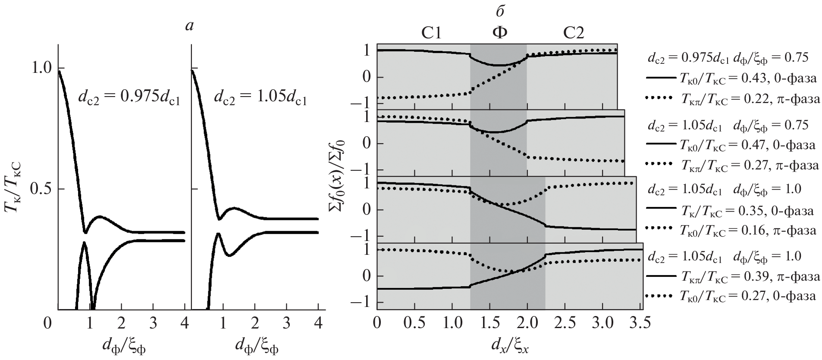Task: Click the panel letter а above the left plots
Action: pyautogui.click(x=189, y=26)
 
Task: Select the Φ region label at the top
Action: pyautogui.click(x=499, y=33)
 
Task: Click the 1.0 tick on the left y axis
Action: pyautogui.click(x=41, y=68)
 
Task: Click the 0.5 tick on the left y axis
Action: pyautogui.click(x=41, y=189)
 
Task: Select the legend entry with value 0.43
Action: pyautogui.click(x=731, y=78)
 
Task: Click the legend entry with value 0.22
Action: pyautogui.click(x=731, y=98)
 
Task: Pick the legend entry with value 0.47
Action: pyautogui.click(x=731, y=144)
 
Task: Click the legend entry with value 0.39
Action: pyautogui.click(x=731, y=276)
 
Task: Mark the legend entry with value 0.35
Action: pyautogui.click(x=731, y=211)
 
